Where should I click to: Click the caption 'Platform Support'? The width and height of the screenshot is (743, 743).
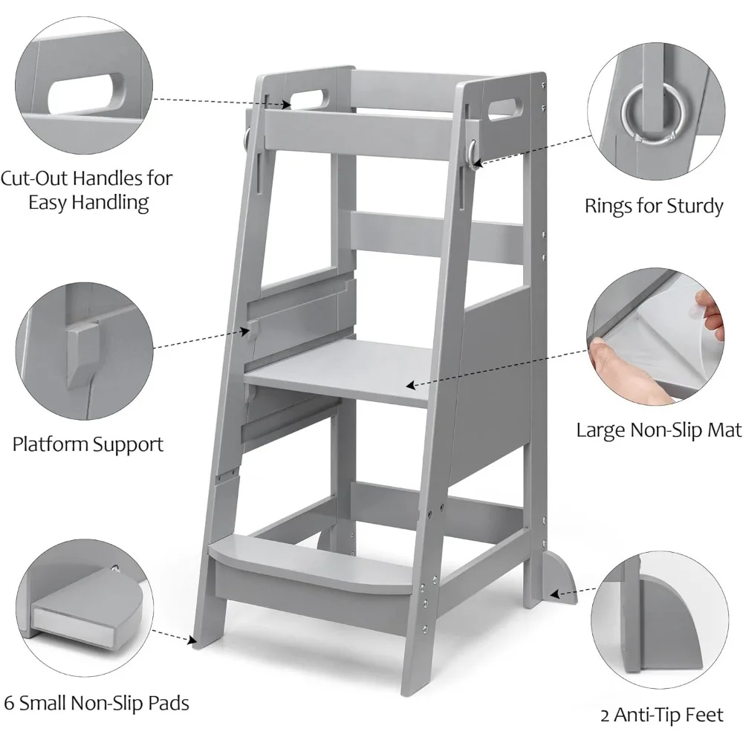pyautogui.click(x=88, y=445)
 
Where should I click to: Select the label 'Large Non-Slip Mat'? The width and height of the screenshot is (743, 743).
pyautogui.click(x=659, y=429)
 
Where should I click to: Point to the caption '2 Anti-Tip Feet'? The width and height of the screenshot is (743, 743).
pyautogui.click(x=661, y=716)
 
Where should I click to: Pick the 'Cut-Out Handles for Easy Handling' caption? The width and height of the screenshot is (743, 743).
pyautogui.click(x=86, y=190)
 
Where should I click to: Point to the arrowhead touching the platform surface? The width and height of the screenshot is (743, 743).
pyautogui.click(x=409, y=385)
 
